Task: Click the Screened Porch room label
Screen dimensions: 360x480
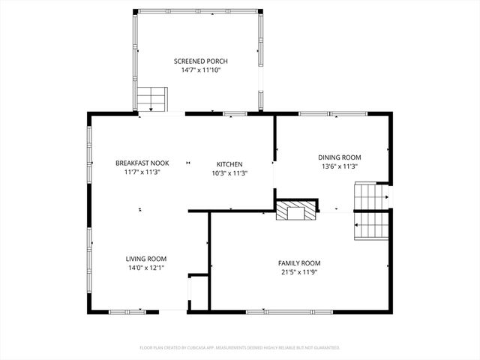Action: pyautogui.click(x=200, y=61)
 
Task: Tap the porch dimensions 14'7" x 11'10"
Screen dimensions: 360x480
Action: pyautogui.click(x=200, y=70)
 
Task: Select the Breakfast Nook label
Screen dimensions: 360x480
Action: pyautogui.click(x=142, y=163)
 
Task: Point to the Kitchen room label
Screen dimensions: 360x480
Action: pyautogui.click(x=229, y=163)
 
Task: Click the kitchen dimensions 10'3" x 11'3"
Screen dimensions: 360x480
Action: pyautogui.click(x=229, y=172)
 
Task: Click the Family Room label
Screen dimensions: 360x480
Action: pyautogui.click(x=299, y=262)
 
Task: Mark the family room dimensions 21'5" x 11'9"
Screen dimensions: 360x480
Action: pyautogui.click(x=299, y=272)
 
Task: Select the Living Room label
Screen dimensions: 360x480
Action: pyautogui.click(x=145, y=258)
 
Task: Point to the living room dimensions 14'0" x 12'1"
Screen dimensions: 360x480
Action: pyautogui.click(x=145, y=268)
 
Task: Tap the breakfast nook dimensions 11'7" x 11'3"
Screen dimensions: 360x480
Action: pyautogui.click(x=142, y=172)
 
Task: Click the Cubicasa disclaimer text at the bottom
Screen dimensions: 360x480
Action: pyautogui.click(x=240, y=348)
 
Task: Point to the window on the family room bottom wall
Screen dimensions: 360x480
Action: pyautogui.click(x=268, y=311)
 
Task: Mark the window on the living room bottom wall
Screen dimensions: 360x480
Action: pyautogui.click(x=128, y=311)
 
